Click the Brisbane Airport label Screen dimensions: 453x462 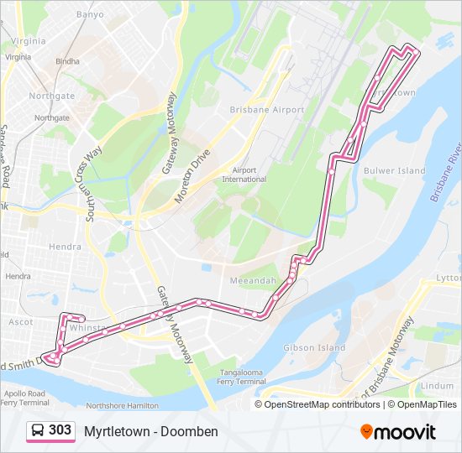266,110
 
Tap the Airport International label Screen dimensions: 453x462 244,174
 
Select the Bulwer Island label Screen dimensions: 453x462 394,171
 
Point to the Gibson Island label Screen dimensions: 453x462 314,347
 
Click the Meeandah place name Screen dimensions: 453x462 252,281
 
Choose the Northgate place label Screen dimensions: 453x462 52,96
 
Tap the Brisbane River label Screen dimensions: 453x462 445,176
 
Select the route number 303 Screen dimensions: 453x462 60,431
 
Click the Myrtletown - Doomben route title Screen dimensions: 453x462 150,431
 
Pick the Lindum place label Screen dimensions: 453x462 435,385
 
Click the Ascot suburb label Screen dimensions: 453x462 20,322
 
